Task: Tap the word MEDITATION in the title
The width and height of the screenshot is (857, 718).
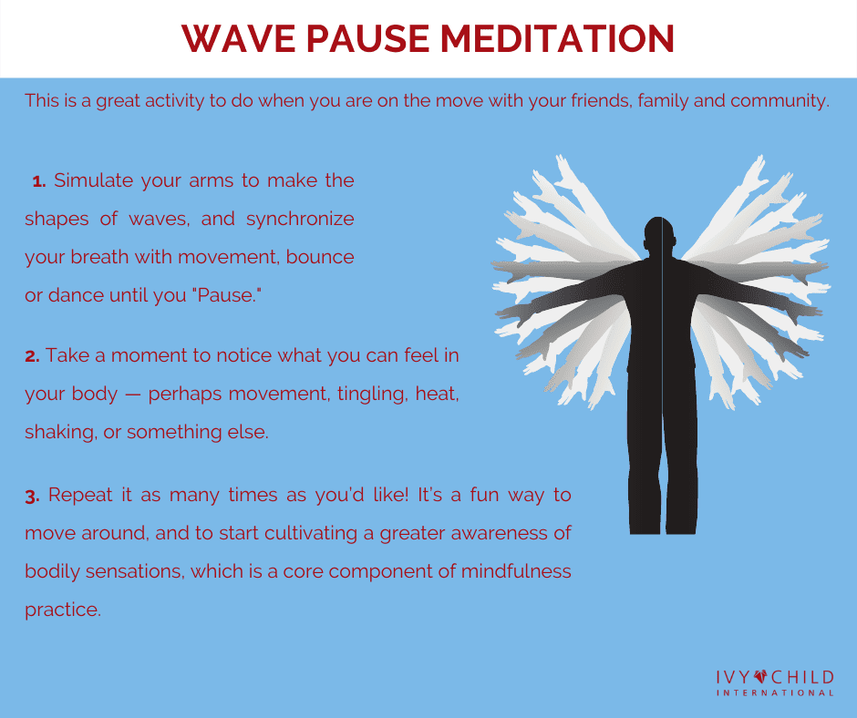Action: [x=557, y=39]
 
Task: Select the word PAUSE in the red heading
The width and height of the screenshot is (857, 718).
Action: [x=367, y=39]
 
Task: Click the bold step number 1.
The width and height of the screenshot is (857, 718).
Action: [x=39, y=180]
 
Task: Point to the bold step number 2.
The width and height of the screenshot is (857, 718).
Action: [x=32, y=356]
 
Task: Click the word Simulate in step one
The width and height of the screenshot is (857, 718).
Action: [x=94, y=180]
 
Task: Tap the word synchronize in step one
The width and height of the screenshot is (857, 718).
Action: [x=300, y=220]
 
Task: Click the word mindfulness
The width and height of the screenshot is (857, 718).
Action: [x=516, y=571]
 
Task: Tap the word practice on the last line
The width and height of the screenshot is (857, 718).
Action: [x=63, y=610]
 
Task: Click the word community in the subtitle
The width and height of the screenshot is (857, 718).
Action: [x=780, y=101]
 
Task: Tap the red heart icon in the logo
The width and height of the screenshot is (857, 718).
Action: [x=760, y=677]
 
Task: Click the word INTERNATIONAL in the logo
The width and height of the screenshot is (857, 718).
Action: [x=774, y=693]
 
